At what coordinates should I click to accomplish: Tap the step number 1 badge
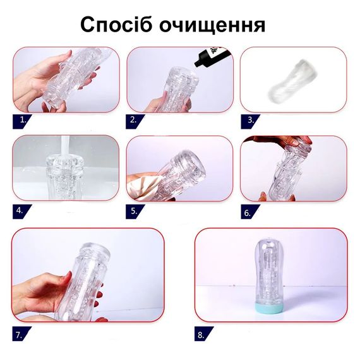point(22,121)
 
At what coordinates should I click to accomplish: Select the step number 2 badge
point(135,121)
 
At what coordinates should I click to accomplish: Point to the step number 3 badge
point(250,121)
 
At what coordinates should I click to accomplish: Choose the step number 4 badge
point(22,212)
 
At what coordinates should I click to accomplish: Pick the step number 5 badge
point(135,212)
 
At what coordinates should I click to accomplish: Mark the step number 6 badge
point(250,212)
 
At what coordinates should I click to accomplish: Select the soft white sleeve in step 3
point(292,81)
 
